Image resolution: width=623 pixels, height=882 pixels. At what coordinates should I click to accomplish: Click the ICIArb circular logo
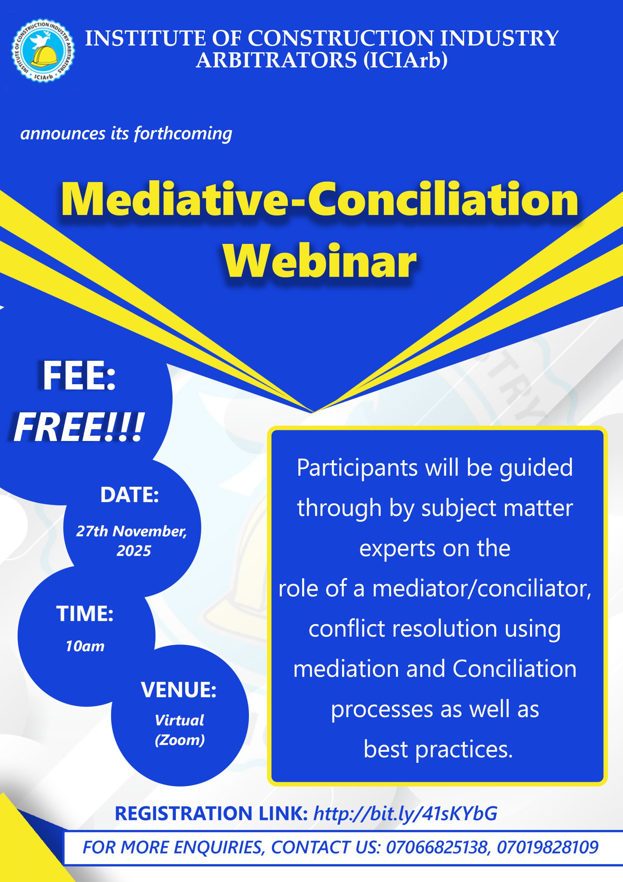[43, 51]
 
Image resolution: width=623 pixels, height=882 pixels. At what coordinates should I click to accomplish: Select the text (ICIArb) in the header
[406, 60]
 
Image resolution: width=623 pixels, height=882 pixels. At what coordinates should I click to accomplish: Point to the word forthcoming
[183, 134]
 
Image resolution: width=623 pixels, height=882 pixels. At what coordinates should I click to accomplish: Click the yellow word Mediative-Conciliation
[319, 199]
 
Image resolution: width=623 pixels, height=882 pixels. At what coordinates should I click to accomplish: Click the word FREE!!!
[79, 427]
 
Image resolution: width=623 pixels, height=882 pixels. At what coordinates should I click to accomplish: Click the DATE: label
[129, 494]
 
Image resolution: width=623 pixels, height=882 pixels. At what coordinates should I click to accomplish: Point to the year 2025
[134, 551]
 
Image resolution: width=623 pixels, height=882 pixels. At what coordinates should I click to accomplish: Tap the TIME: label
[85, 613]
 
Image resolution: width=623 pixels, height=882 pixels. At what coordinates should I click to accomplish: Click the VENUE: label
[179, 689]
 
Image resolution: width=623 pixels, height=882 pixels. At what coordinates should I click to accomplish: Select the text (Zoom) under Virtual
[180, 740]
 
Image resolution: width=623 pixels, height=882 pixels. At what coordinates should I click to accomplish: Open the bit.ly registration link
[405, 813]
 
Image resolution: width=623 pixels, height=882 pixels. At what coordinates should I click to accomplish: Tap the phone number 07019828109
[548, 847]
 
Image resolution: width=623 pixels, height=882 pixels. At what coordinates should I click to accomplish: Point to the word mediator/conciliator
[482, 588]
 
